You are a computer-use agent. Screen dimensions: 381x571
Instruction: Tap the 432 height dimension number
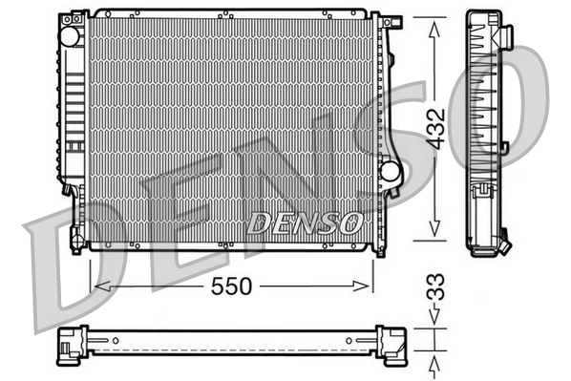pyautogui.click(x=434, y=130)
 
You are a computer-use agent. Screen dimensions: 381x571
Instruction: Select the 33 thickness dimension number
pyautogui.click(x=434, y=286)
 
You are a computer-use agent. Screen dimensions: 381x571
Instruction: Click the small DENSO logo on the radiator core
pyautogui.click(x=305, y=223)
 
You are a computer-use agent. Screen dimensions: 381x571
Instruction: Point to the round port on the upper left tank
pyautogui.click(x=70, y=34)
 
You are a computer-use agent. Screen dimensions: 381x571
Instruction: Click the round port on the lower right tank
pyautogui.click(x=390, y=172)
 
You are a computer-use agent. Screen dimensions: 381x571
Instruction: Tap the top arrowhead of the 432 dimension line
pyautogui.click(x=434, y=27)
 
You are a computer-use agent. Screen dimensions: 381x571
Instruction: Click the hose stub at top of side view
pyautogui.click(x=506, y=37)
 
